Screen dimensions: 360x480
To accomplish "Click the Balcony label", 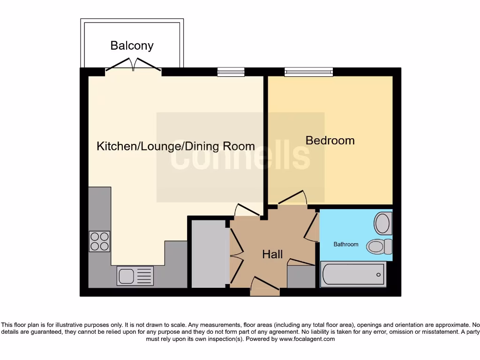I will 132,45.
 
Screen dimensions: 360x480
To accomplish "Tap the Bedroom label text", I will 330,140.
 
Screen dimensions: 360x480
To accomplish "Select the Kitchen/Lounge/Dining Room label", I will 176,146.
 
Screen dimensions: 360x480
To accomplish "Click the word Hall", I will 272,254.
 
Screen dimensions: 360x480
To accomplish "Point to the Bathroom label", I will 346,244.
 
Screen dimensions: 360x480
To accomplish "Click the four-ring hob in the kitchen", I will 99,241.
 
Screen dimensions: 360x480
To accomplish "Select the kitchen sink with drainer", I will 135,275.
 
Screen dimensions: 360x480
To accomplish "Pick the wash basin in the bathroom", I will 383,224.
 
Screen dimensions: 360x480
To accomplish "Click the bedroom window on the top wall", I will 308,72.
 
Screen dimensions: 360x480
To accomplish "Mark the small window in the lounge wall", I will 231,72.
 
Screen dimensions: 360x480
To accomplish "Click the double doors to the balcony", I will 134,66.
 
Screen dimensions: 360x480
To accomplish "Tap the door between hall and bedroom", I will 292,199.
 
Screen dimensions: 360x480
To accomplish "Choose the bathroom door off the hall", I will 311,227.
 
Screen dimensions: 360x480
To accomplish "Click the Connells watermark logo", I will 240,157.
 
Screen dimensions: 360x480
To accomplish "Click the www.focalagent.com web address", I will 307,339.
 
